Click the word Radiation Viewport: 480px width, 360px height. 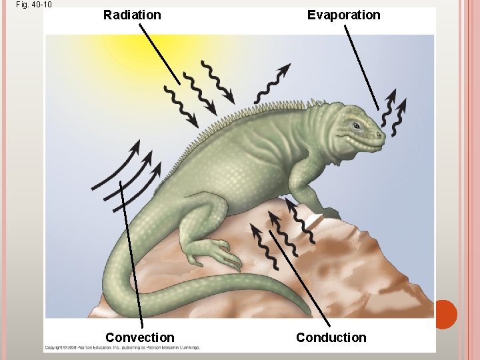132,15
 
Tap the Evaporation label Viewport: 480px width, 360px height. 343,15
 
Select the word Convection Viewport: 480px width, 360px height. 139,337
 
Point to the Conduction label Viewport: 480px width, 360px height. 331,337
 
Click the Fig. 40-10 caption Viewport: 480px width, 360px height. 34,5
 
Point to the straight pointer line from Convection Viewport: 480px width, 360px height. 131,253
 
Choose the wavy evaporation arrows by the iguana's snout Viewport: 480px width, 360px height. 394,110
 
